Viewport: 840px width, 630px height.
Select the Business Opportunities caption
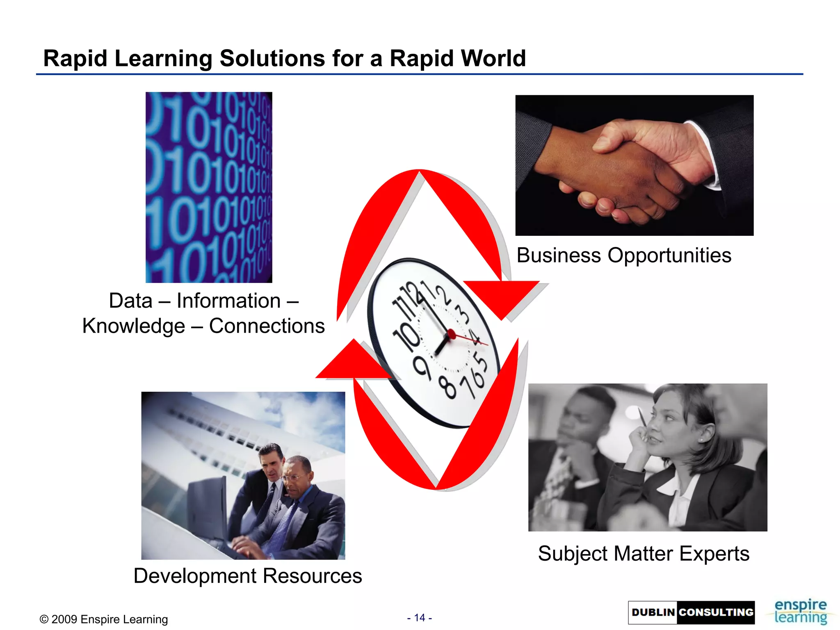tap(623, 255)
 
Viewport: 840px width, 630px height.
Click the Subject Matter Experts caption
tap(644, 553)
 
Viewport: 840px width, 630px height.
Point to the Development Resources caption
tap(248, 575)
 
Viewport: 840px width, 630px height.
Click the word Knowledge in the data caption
tap(134, 326)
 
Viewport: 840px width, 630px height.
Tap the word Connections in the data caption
tap(267, 326)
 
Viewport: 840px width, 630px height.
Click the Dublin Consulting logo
tap(691, 612)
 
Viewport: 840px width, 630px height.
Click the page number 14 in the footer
tap(419, 618)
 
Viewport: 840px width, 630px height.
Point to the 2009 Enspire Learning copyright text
tap(104, 619)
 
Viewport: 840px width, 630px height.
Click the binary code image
tap(209, 187)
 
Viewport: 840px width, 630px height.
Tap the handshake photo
tap(634, 165)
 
